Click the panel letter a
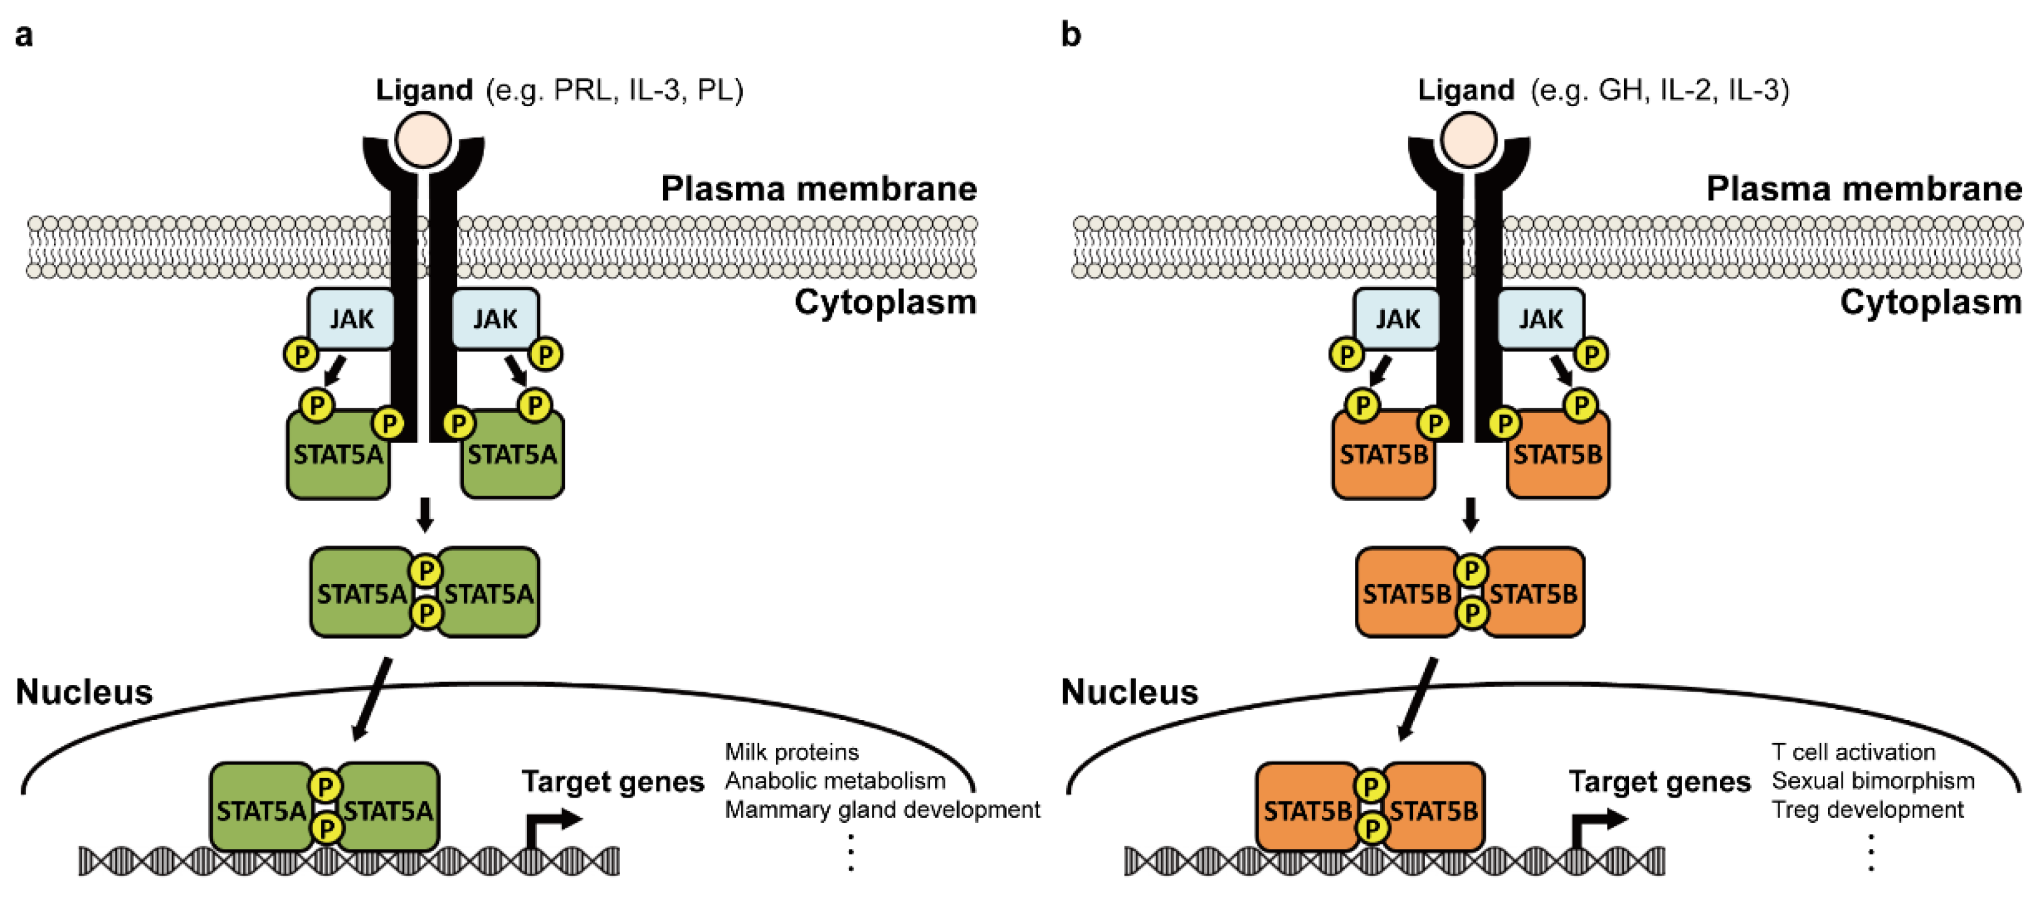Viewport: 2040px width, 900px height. pos(24,36)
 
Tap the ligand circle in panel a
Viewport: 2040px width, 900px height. pos(425,139)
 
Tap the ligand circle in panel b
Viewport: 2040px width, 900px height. pos(1469,139)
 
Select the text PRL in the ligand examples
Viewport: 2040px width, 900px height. pos(583,90)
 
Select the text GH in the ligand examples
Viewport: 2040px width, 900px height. pos(1620,90)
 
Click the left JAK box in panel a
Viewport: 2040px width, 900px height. pos(351,318)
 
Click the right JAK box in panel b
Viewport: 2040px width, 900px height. pos(1541,318)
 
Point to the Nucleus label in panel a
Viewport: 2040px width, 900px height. pos(84,692)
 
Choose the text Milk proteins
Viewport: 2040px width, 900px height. pos(791,751)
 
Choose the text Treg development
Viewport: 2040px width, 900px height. pos(1867,810)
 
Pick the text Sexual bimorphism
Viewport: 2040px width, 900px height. pos(1873,781)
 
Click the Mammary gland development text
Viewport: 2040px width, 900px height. pos(882,810)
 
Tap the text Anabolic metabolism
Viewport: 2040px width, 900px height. pos(835,781)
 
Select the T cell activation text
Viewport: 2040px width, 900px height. pos(1853,751)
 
